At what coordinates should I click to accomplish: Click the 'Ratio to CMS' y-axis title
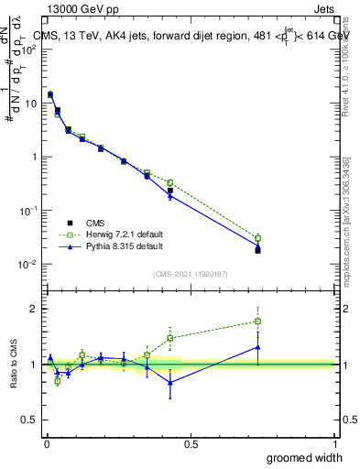pos(15,364)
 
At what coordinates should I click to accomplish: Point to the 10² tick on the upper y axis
pos(30,49)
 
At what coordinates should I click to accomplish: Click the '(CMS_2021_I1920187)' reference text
pos(190,274)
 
